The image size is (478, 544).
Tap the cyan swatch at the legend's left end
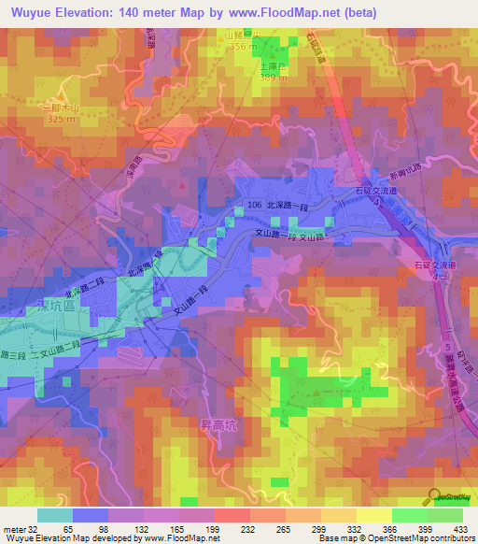(x=55, y=515)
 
